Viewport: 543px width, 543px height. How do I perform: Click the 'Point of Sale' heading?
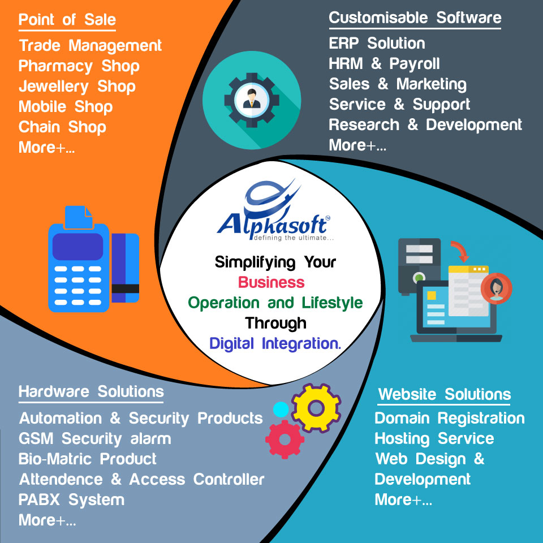67,20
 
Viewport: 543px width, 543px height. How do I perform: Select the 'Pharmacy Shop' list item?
79,66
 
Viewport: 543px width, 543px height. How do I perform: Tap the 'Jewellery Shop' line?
77,87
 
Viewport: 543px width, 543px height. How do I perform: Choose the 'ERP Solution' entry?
377,44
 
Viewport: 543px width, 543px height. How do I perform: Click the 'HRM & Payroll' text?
384,64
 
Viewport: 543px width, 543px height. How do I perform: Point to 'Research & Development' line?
425,125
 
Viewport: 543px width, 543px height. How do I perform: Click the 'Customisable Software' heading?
415,18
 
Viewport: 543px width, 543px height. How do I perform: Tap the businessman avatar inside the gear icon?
252,100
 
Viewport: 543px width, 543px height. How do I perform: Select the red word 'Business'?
271,282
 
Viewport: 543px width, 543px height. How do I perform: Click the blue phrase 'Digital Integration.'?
275,343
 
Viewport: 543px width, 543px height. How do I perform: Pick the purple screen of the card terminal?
77,247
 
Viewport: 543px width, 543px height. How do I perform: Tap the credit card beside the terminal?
126,268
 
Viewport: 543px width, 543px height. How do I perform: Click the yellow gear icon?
316,408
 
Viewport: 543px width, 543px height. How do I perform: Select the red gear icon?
285,439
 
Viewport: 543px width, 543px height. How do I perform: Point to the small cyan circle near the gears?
281,410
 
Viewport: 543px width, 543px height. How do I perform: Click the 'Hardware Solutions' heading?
91,391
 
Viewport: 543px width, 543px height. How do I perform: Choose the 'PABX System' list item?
71,499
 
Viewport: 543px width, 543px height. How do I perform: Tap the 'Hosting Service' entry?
434,439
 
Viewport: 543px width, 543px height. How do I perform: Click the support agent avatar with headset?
496,288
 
